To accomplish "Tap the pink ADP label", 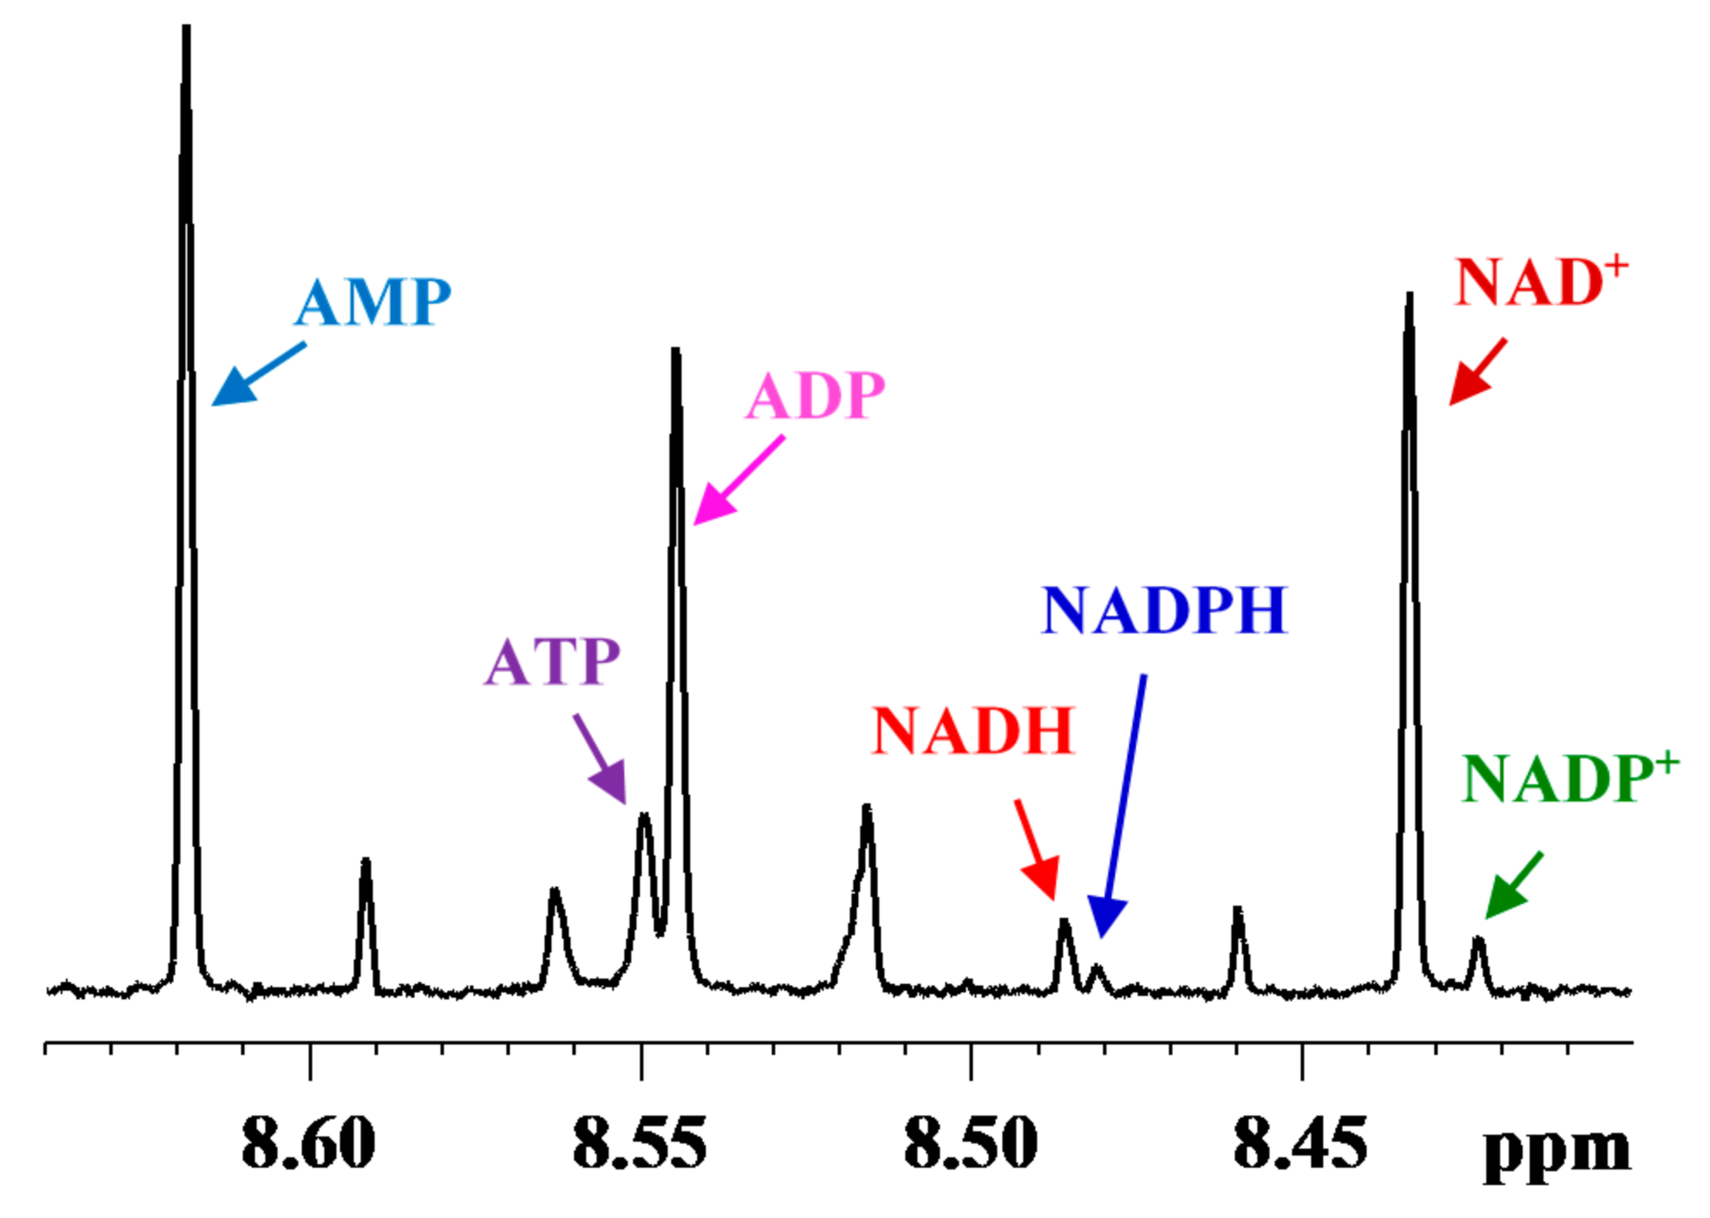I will (815, 396).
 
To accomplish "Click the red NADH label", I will (973, 730).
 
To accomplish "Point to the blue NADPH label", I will (1164, 611).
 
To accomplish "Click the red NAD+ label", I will (1540, 282).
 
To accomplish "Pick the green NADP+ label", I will (1570, 778).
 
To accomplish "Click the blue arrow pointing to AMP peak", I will (258, 374).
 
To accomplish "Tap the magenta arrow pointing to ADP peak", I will (738, 481).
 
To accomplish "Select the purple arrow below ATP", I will (600, 760).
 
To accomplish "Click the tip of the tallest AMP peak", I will (186, 30).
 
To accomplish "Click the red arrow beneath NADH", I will (1037, 851).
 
